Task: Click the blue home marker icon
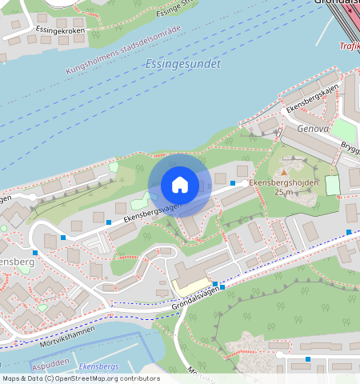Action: tap(180, 185)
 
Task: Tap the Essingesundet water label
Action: tap(183, 63)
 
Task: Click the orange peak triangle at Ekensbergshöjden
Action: tap(283, 171)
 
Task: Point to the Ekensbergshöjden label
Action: tap(283, 183)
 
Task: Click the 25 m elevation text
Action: tap(282, 193)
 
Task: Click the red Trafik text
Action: tap(349, 46)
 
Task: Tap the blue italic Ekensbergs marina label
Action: tap(99, 366)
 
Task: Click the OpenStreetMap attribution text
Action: tap(80, 378)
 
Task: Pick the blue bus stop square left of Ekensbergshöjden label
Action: tap(233, 184)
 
